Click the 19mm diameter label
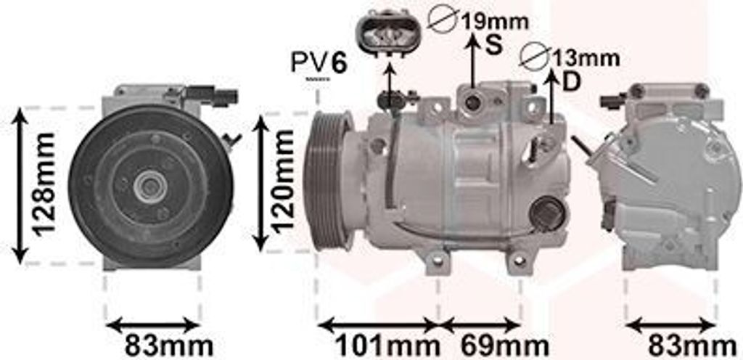[493, 21]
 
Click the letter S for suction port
[493, 45]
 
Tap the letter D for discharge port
[572, 81]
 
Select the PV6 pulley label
[319, 63]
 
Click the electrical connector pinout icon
[389, 33]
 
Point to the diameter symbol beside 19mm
[442, 20]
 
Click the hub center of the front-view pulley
[150, 187]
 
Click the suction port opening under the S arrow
[472, 102]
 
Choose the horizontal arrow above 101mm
[378, 324]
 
